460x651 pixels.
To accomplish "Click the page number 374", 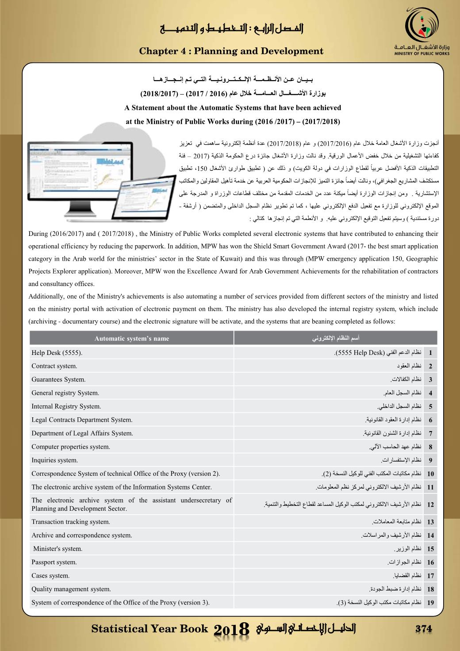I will pyautogui.click(x=423, y=629).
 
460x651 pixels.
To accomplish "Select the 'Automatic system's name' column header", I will pyautogui.click(x=132, y=339).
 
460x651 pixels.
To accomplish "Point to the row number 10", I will pyautogui.click(x=430, y=474).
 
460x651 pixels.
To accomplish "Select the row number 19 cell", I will pyautogui.click(x=430, y=603).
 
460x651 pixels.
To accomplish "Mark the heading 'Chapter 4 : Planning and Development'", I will pyautogui.click(x=231, y=51).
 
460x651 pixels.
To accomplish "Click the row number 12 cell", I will pyautogui.click(x=430, y=505).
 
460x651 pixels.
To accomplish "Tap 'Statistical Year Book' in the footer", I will pyautogui.click(x=149, y=629).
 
